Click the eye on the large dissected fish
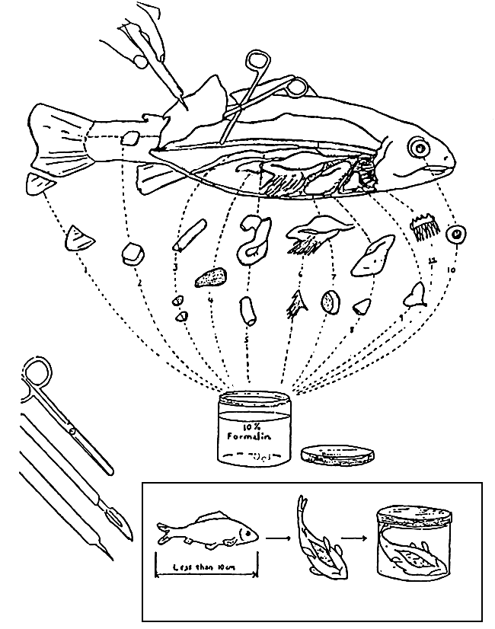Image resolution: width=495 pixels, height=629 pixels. point(418,145)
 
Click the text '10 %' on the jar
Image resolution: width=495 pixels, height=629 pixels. point(253,425)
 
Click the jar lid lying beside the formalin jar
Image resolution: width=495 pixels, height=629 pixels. point(338,455)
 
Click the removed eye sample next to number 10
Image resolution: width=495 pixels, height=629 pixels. point(457,235)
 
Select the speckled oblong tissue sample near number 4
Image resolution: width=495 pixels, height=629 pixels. point(212,279)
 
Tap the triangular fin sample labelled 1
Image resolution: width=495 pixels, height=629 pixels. point(79,239)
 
